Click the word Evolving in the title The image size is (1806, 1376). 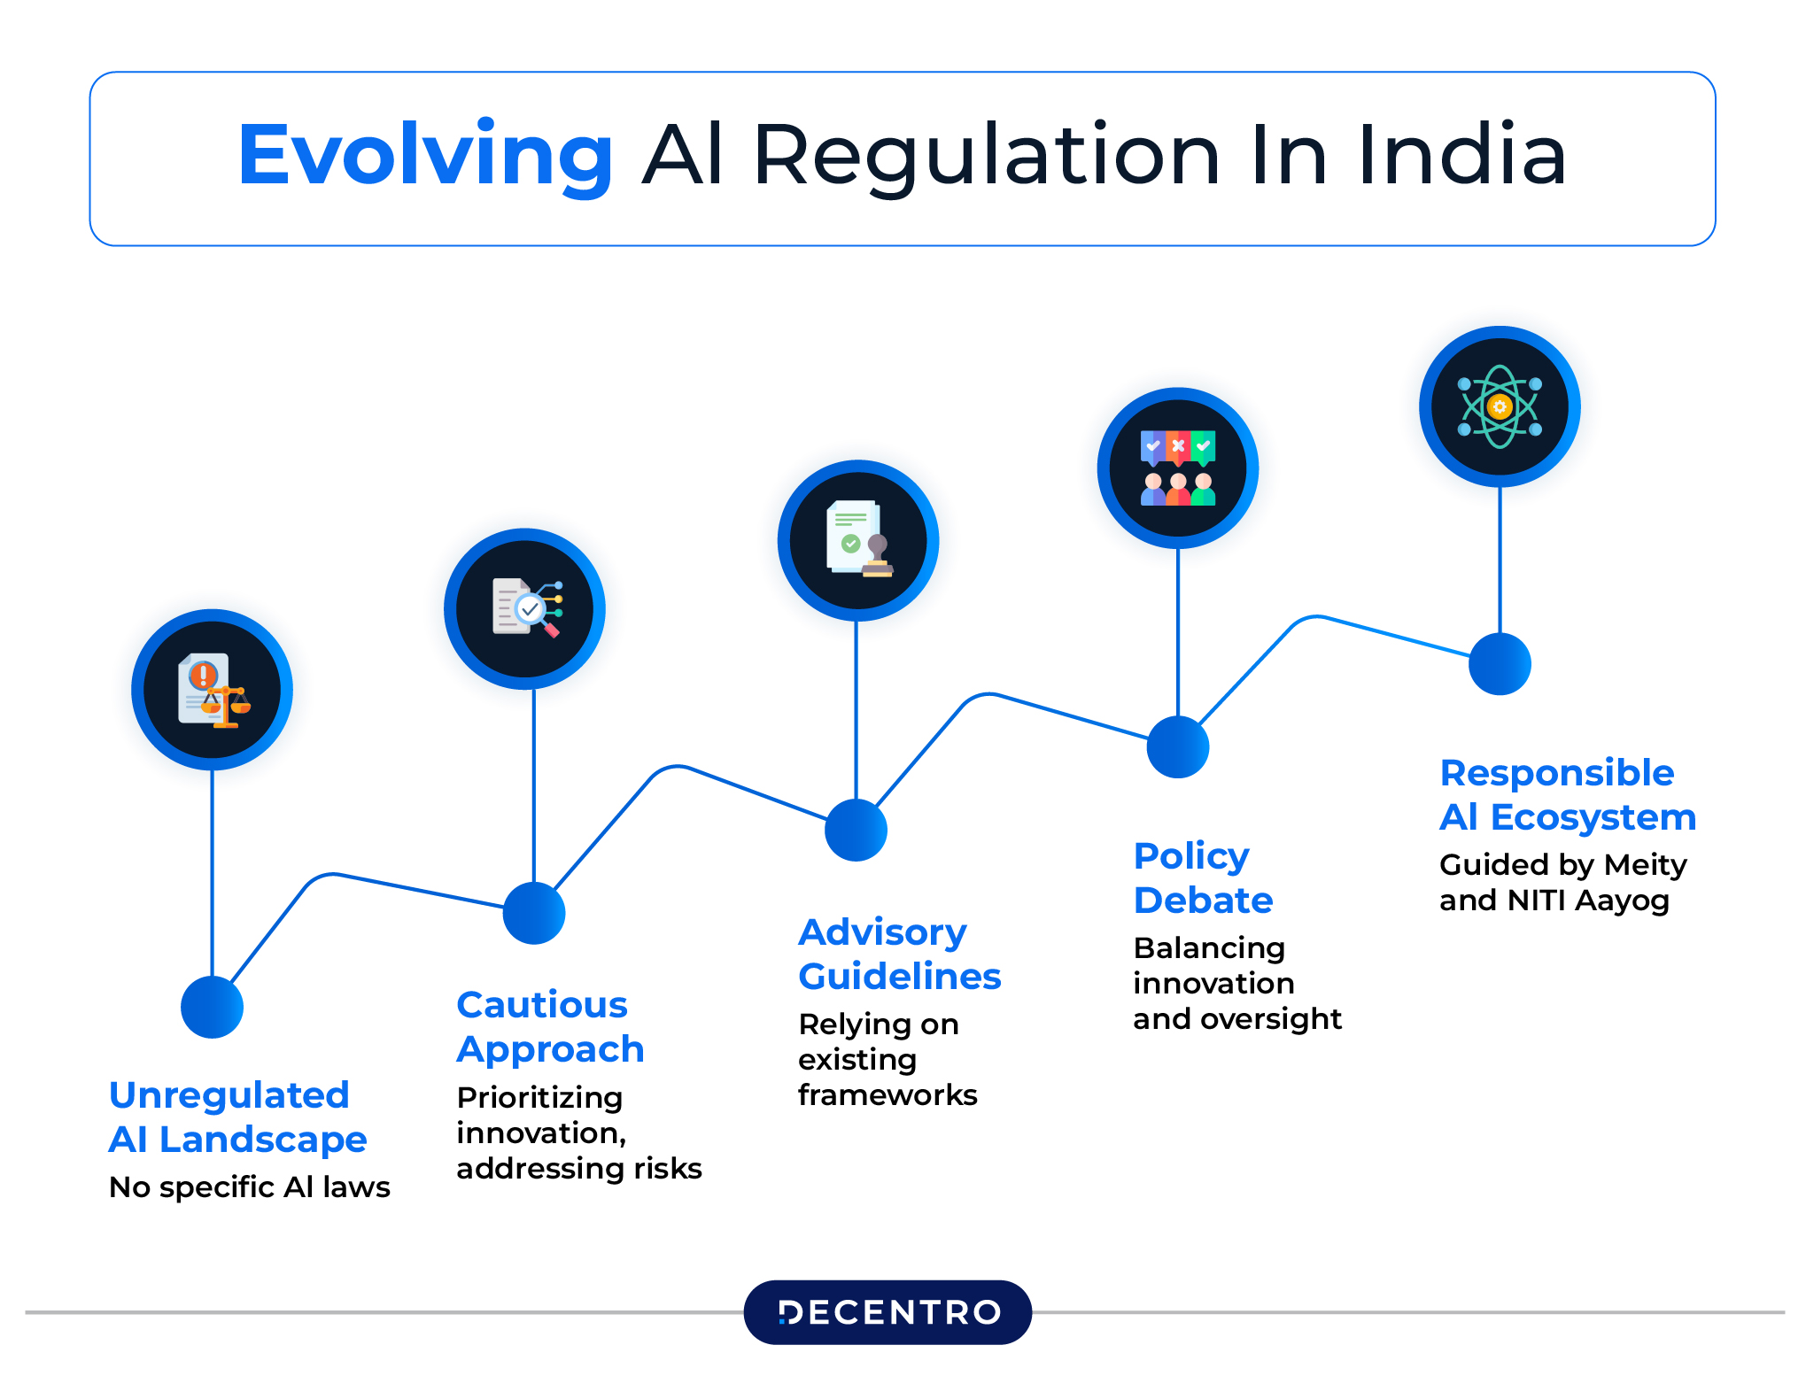point(425,156)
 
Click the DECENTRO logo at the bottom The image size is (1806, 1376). point(887,1311)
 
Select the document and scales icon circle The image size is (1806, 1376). point(213,689)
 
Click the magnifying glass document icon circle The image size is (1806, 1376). point(525,608)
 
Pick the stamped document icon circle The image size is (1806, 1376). point(857,540)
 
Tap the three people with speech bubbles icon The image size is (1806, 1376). point(1178,468)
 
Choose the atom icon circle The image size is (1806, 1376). point(1500,406)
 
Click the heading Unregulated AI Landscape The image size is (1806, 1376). point(236,1117)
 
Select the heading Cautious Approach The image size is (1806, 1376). point(549,1026)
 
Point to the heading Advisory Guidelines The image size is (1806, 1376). point(899,954)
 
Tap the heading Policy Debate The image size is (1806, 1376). point(1203,877)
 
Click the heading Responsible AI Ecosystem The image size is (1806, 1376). point(1567,794)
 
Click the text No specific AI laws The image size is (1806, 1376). point(249,1187)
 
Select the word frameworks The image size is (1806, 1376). point(887,1095)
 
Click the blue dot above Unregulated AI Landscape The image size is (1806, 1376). point(213,1007)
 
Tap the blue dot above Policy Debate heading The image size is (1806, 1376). point(1178,746)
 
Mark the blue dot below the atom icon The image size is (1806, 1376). point(1500,664)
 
